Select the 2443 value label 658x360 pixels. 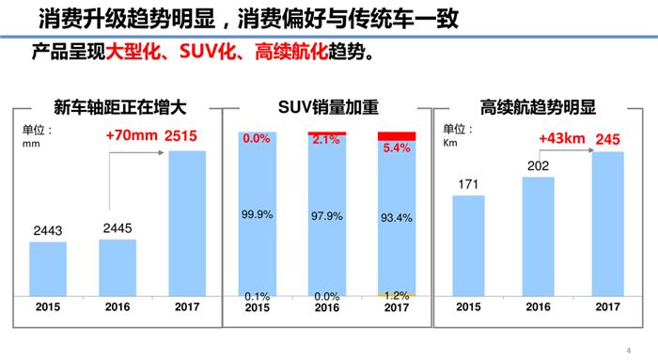47,230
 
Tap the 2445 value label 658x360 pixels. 117,227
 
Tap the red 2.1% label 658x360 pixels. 326,139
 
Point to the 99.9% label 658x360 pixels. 257,214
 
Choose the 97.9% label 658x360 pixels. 326,215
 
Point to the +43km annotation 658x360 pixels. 562,139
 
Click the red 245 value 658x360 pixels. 608,139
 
